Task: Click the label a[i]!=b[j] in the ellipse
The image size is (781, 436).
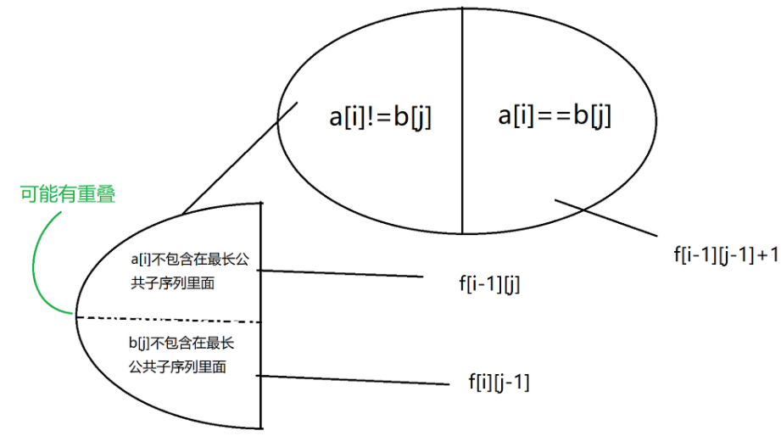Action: (x=381, y=116)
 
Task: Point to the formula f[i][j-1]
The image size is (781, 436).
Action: (x=499, y=383)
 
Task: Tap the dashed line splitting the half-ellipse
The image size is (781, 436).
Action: (x=170, y=319)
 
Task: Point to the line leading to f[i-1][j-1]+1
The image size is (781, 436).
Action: (x=606, y=217)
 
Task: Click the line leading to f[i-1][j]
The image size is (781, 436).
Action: (x=339, y=274)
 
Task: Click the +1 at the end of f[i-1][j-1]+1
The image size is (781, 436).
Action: (x=768, y=254)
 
